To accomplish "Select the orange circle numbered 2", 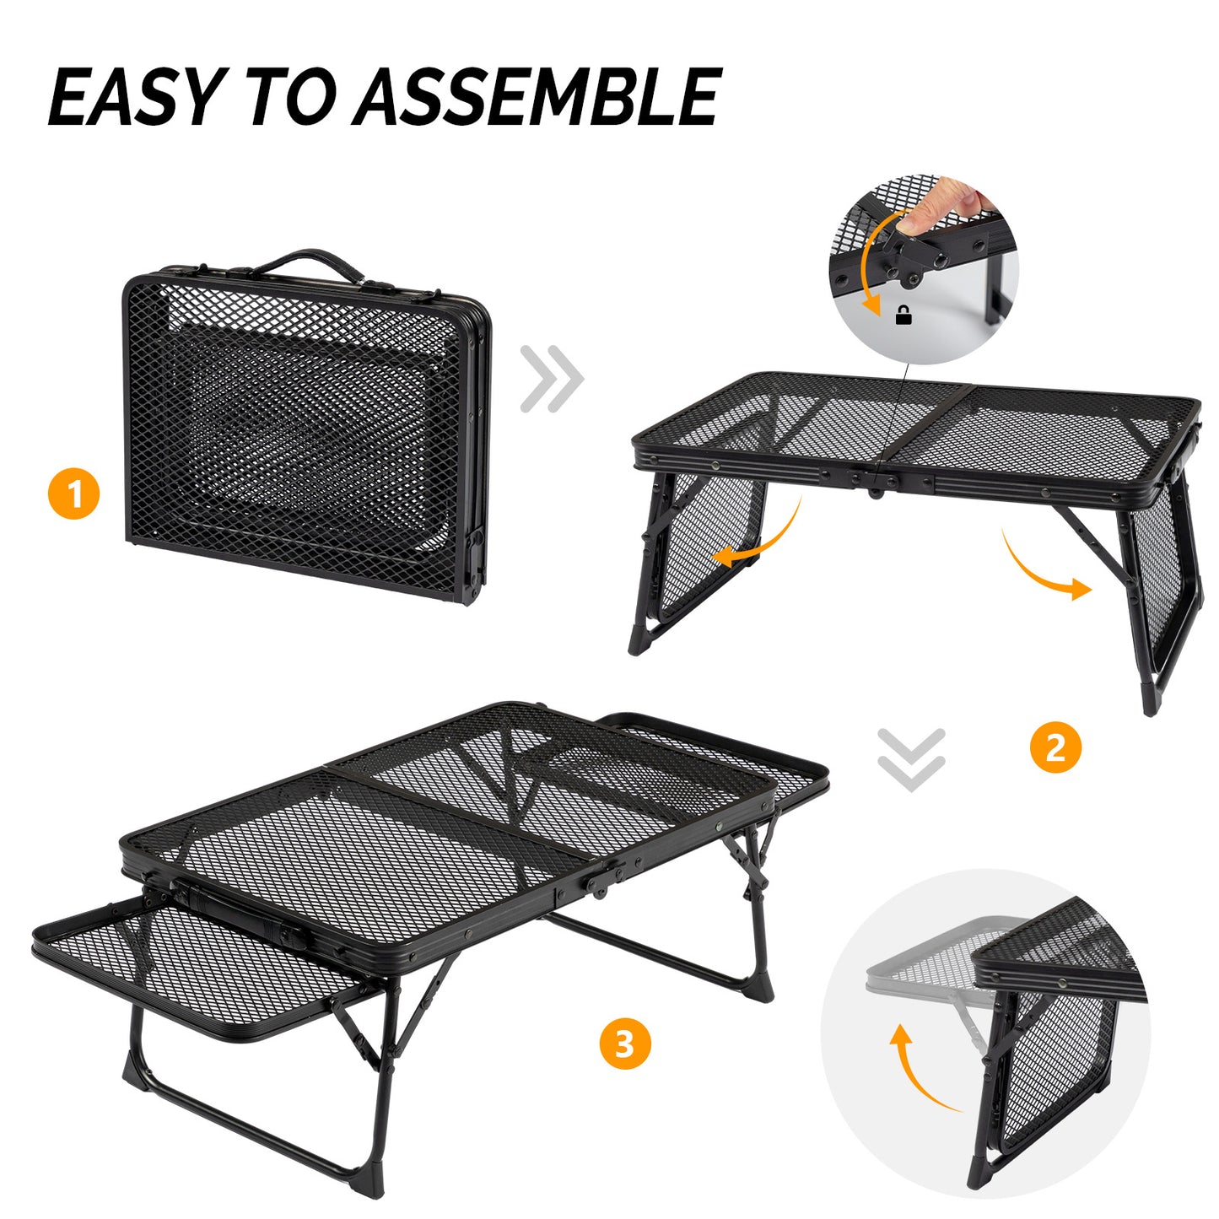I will [x=1055, y=747].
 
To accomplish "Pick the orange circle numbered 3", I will [x=624, y=1044].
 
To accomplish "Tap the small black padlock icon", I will [x=903, y=316].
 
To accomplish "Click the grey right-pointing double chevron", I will [x=552, y=378].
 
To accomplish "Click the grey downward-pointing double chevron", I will [x=910, y=759].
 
